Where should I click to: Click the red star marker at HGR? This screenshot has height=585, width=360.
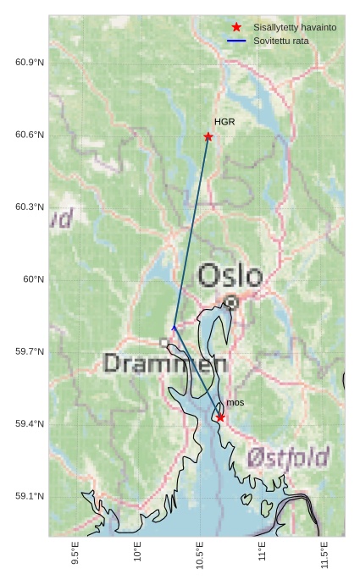click(208, 136)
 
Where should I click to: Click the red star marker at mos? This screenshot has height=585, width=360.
click(220, 417)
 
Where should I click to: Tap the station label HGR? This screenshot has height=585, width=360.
click(224, 122)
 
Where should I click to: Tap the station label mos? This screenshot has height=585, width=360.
click(235, 402)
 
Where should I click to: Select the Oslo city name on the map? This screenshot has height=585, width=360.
click(230, 275)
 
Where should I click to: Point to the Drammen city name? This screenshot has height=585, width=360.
click(165, 364)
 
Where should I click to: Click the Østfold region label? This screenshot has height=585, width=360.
click(288, 458)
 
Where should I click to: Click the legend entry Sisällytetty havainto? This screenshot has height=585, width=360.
click(294, 27)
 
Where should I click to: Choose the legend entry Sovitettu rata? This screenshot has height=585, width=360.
click(280, 41)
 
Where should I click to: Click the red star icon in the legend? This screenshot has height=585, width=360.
click(236, 27)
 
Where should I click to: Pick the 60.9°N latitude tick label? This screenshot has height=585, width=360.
click(30, 63)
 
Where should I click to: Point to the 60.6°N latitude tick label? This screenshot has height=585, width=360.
click(30, 135)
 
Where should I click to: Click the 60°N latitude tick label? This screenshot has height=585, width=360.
click(33, 279)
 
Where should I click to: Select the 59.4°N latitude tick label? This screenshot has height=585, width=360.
click(30, 423)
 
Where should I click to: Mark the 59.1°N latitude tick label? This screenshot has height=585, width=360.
click(30, 496)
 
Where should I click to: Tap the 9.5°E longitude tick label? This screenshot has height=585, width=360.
click(75, 555)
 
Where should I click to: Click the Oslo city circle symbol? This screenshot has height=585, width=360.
click(231, 301)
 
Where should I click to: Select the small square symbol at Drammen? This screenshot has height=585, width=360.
click(164, 342)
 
